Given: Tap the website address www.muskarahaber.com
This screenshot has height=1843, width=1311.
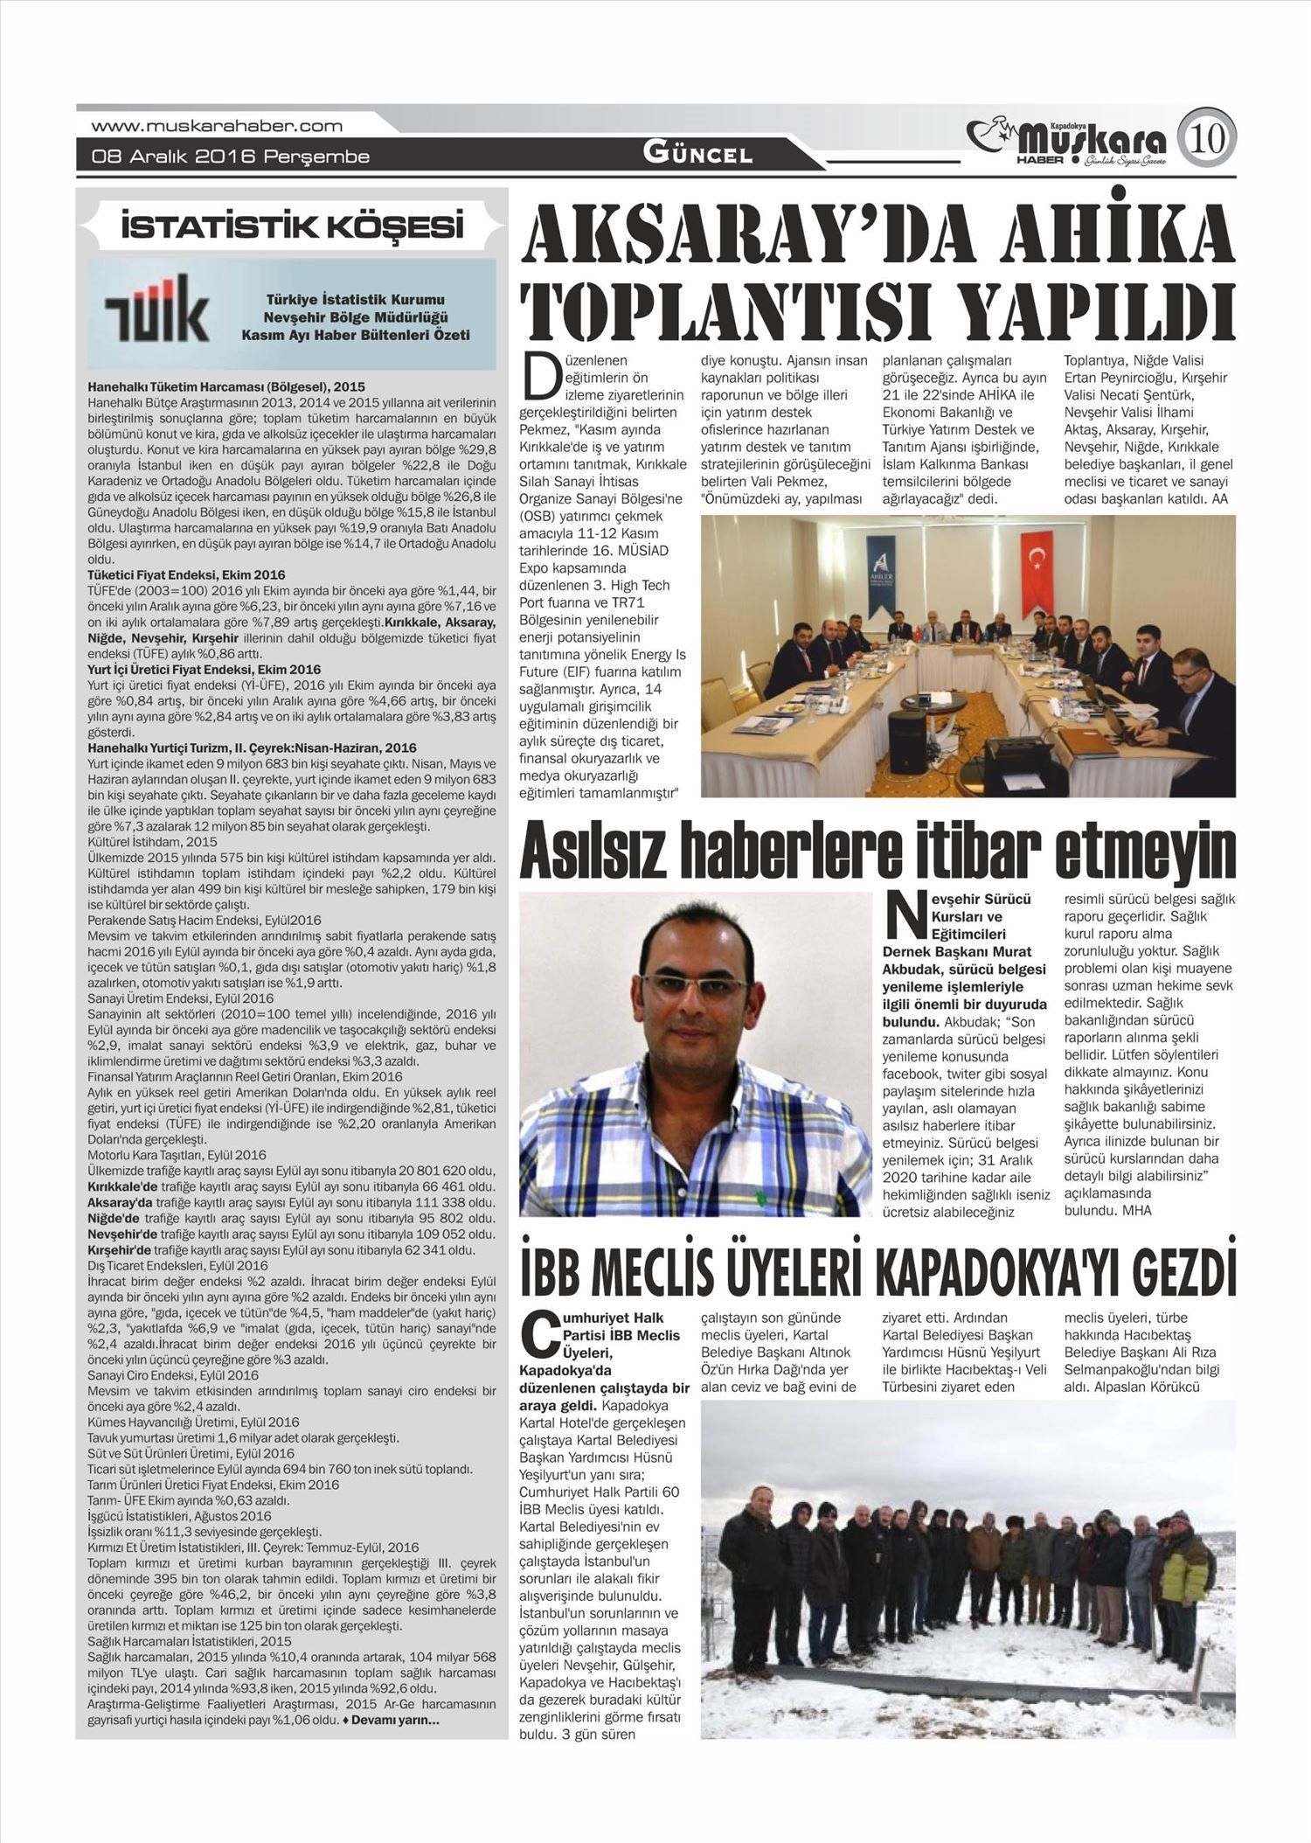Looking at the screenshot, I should pos(217,127).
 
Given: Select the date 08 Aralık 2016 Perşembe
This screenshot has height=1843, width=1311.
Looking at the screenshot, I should pos(231,157).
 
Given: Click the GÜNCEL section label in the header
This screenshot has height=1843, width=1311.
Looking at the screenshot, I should pos(697,155).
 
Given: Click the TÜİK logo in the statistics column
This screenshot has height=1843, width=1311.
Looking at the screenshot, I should pos(157,310).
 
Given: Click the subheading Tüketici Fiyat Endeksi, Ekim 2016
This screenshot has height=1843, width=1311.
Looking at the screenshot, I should pos(186,575).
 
